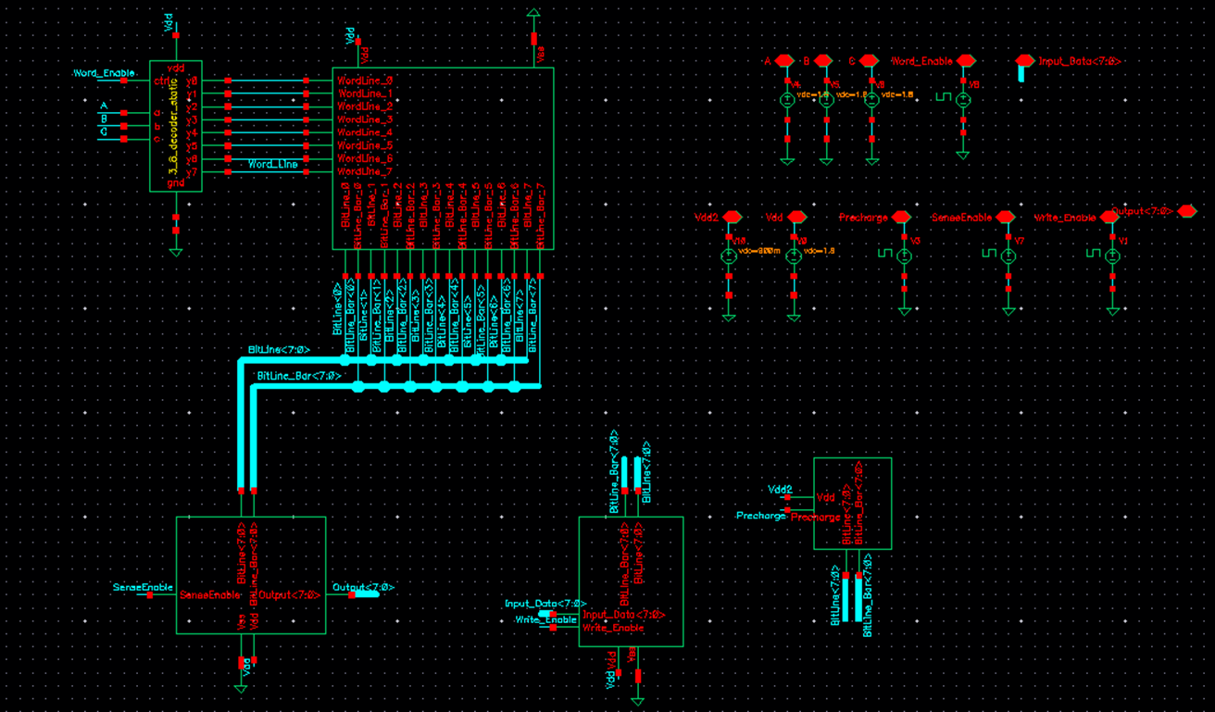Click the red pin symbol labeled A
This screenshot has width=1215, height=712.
coord(784,61)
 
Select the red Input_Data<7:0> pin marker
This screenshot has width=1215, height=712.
coord(1023,62)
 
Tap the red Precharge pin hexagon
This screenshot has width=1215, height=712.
coord(901,218)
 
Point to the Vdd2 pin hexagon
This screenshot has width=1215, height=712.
coord(732,218)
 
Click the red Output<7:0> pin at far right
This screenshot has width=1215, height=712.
coord(1186,211)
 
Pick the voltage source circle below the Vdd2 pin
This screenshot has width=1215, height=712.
coord(729,256)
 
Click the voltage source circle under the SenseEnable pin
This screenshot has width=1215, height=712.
coord(1008,256)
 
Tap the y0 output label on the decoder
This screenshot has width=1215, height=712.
coord(191,81)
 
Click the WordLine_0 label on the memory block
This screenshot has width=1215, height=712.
coord(365,81)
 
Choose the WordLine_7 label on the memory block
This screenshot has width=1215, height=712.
coord(365,172)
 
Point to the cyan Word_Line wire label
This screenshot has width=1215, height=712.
coord(273,164)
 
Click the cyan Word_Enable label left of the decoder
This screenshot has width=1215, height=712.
coord(105,72)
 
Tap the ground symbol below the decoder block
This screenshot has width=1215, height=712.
coord(176,251)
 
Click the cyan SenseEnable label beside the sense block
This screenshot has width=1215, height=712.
coord(143,587)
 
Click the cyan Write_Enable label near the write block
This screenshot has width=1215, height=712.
coord(546,619)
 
